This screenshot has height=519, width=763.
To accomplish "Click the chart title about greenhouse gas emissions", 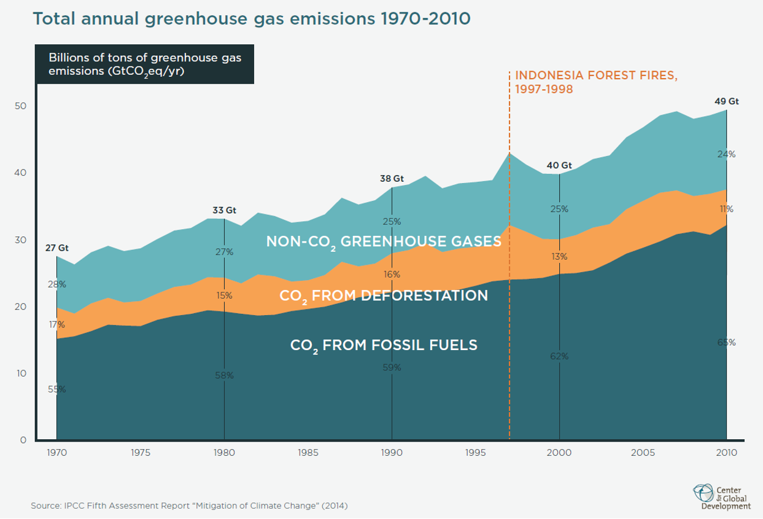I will [x=251, y=18].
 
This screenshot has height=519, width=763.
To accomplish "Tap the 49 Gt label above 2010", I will [x=727, y=102].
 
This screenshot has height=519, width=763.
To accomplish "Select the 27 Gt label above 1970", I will [x=56, y=249].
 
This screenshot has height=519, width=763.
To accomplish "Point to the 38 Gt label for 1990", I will [x=392, y=179].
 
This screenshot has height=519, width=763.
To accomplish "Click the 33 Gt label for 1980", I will [x=224, y=210].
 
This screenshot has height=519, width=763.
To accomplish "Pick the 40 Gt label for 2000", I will [x=559, y=165].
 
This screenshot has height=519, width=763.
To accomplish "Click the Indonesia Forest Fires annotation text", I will [x=595, y=82].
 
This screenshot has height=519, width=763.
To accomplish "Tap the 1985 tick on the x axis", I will [x=308, y=453].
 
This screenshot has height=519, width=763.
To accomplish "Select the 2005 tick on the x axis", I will [x=643, y=453].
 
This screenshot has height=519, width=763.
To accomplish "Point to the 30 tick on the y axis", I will [x=20, y=240].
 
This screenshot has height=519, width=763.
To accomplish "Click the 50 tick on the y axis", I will [x=20, y=106].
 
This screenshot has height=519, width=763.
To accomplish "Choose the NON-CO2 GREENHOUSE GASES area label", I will [x=384, y=242].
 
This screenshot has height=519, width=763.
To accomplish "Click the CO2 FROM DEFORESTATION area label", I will [x=384, y=296].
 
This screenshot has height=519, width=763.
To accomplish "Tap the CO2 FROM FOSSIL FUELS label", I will [x=384, y=345].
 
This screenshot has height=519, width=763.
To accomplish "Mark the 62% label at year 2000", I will [x=559, y=356].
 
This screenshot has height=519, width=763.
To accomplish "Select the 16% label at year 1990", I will [x=392, y=274].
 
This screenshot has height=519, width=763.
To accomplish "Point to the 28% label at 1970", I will [x=57, y=284].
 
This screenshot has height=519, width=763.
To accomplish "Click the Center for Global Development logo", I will [x=721, y=496].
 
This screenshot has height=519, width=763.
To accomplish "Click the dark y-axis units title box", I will [x=145, y=64].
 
